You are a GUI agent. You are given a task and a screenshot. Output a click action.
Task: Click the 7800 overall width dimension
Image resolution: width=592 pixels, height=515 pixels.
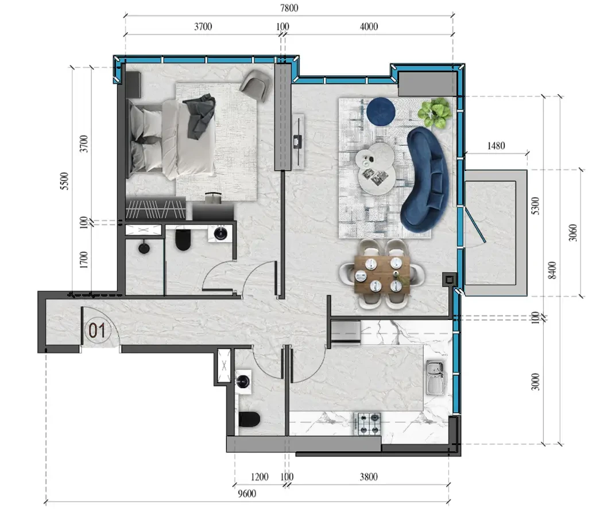click(x=289, y=8)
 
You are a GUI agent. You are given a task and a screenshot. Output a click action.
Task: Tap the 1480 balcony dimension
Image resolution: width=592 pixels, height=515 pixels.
click(x=496, y=146)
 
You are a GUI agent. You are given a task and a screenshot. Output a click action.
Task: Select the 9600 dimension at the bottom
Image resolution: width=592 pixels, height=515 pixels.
click(x=247, y=494)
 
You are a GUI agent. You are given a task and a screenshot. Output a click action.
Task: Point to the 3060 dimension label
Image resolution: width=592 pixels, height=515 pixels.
click(x=573, y=233)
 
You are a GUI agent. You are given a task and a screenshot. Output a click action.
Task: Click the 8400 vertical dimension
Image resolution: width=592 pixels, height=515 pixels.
click(x=552, y=270)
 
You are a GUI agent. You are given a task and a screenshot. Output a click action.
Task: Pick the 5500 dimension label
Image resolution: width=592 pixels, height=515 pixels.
click(x=65, y=181)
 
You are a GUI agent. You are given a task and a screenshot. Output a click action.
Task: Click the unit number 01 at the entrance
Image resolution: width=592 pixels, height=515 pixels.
click(x=97, y=330)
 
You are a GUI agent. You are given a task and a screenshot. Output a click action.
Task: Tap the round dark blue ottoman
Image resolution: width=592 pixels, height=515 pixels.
click(x=381, y=112)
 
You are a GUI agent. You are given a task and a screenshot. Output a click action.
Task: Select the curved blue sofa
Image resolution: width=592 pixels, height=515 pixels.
click(x=425, y=180)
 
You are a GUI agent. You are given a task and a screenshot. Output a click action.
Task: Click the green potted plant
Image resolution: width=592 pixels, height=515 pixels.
click(x=435, y=112)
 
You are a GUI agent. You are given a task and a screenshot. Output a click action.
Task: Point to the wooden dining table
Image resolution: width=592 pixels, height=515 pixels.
click(x=382, y=274)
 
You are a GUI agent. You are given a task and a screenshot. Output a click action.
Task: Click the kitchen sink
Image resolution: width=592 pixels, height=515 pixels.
click(x=436, y=377)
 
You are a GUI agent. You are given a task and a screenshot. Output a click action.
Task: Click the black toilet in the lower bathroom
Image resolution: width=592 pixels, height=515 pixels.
click(x=250, y=419)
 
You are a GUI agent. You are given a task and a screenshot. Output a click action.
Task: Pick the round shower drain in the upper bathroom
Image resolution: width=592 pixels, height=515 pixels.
click(x=144, y=248)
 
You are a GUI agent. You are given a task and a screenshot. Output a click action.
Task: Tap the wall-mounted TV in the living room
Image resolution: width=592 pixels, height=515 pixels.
click(x=298, y=142)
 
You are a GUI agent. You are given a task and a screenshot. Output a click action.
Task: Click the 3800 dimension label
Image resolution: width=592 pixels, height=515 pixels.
click(x=369, y=477)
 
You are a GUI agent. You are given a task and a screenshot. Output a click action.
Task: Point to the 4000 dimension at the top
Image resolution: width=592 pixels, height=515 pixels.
click(x=369, y=26)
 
